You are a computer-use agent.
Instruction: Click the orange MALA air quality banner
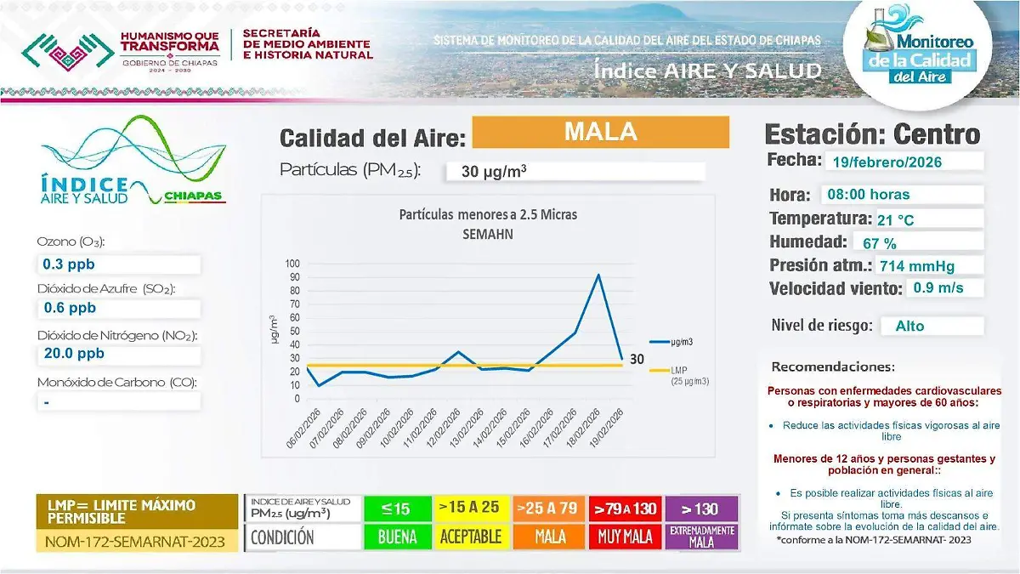pos(600,133)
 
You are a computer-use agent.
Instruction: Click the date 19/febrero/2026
pos(902,162)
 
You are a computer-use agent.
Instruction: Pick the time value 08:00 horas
pos(901,194)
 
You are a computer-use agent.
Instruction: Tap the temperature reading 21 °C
pos(926,219)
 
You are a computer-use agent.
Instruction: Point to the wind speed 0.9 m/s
pos(943,287)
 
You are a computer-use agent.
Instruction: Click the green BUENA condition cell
pos(398,537)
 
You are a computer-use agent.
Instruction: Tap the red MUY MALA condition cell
pos(626,537)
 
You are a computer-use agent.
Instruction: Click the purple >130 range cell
pos(701,509)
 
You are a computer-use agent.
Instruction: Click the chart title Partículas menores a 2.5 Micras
pos(488,215)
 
